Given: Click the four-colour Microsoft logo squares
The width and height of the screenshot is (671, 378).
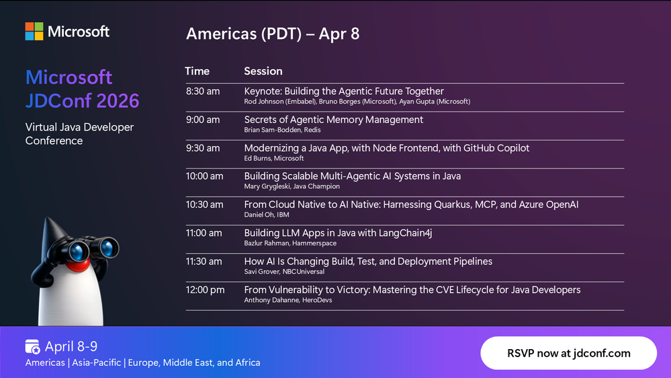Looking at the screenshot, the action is click(x=34, y=32).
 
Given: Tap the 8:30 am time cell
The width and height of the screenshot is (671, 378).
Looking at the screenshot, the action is click(x=203, y=91).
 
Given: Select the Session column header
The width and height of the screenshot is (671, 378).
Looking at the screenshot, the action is click(x=263, y=71).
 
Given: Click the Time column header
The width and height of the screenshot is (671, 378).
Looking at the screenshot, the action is click(x=197, y=71).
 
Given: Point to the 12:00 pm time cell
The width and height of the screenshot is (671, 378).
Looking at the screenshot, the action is click(x=205, y=290).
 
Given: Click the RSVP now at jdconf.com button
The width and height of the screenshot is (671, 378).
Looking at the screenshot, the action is click(x=568, y=353).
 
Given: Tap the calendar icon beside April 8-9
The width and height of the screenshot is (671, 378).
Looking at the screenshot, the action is click(x=32, y=346).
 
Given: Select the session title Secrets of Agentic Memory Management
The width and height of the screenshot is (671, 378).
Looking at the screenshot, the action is click(x=333, y=120).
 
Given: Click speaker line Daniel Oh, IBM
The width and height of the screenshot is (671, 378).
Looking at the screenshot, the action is click(x=267, y=215).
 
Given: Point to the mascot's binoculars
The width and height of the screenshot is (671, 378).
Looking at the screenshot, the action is click(x=90, y=249).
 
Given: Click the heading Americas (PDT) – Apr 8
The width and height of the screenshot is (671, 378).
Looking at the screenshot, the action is click(x=273, y=34).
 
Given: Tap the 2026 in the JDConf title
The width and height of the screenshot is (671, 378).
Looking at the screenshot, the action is click(x=118, y=101).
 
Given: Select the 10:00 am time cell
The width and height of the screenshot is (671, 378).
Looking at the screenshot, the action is click(x=205, y=176).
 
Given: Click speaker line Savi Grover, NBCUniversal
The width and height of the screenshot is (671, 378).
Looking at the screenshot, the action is click(x=284, y=272).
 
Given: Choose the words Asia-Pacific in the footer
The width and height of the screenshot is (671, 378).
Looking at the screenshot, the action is click(x=96, y=363).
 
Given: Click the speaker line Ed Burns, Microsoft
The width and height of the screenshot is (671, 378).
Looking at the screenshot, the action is click(x=274, y=158).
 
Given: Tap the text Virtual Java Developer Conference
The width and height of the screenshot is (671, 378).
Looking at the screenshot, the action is click(x=80, y=134).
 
